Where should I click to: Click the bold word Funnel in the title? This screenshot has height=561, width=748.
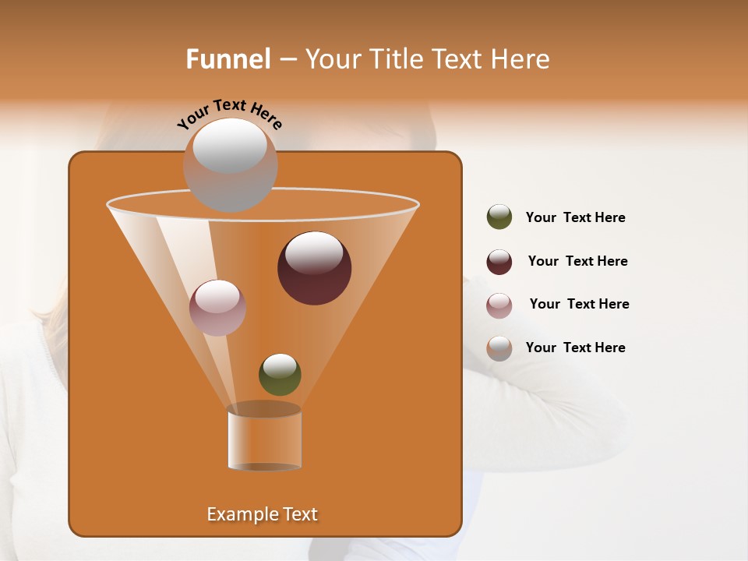point(228,59)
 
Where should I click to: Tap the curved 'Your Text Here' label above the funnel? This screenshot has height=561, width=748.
point(229,114)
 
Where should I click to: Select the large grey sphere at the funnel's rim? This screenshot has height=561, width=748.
point(230,165)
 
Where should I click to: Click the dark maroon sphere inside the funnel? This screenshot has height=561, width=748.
point(315,269)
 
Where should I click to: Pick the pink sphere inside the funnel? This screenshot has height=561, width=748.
point(217,308)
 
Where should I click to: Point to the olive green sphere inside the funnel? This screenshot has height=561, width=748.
point(280,375)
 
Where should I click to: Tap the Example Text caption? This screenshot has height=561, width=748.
point(262,514)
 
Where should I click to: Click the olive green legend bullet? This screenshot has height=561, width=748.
point(499,217)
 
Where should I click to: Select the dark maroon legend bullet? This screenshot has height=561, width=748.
point(499,262)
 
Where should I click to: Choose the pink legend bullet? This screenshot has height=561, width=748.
point(499,305)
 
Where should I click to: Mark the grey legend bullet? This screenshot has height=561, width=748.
point(499,348)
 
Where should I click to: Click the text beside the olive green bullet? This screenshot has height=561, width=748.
point(575,217)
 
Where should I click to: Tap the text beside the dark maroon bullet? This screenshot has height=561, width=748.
point(577,261)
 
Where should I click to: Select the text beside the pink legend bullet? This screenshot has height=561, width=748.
point(579,304)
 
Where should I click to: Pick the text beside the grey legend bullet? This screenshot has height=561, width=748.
point(575,348)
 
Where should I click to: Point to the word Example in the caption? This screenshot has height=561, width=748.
point(238,514)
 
